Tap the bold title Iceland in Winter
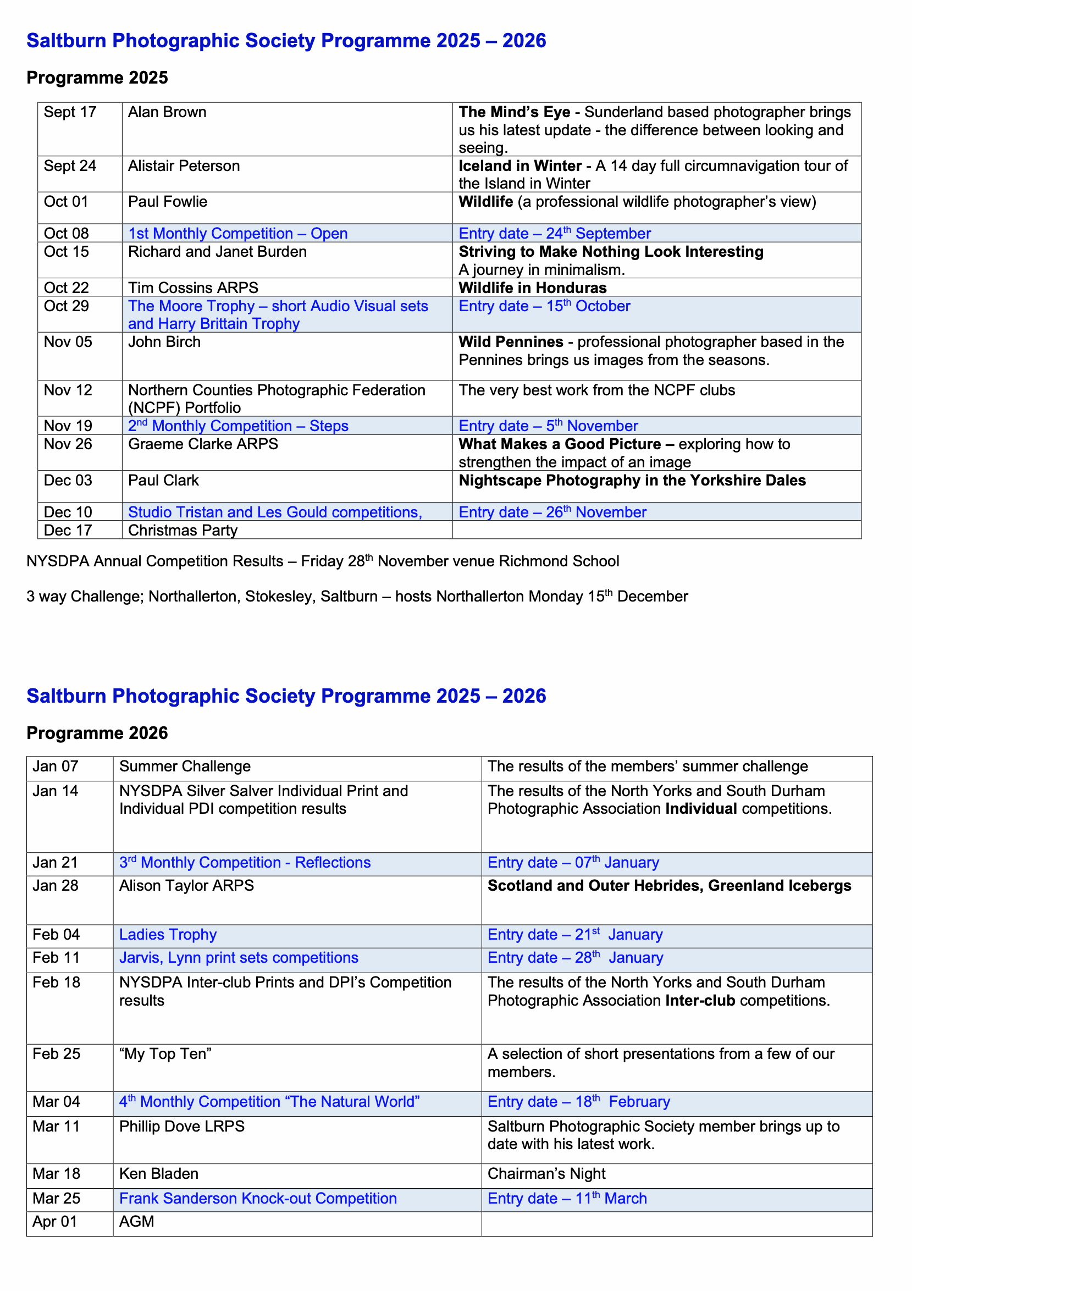[x=520, y=166]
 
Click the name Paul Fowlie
[x=168, y=202]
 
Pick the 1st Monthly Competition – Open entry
[x=238, y=234]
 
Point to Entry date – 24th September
[x=555, y=234]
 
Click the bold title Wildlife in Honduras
[x=532, y=288]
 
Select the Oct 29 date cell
[x=67, y=306]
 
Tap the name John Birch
[x=164, y=342]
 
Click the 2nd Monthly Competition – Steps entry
[x=238, y=426]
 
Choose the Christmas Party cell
[x=183, y=531]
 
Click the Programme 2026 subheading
[x=97, y=733]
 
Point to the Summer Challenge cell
[x=185, y=766]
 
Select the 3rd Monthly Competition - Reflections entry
[x=245, y=863]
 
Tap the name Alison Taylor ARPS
[x=186, y=886]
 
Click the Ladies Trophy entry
[x=168, y=935]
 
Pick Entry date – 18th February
[x=578, y=1102]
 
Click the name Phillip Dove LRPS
[x=182, y=1126]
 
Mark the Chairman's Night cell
[x=546, y=1173]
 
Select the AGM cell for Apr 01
[x=137, y=1222]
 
